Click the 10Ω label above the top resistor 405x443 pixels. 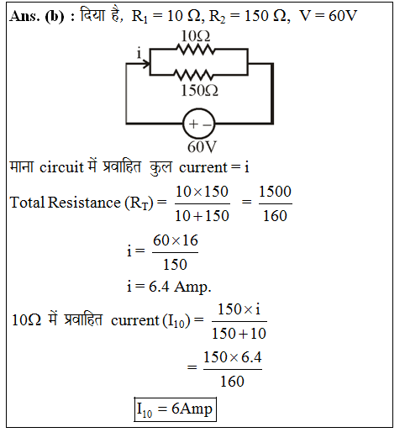click(x=196, y=36)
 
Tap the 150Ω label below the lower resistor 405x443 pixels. click(x=199, y=91)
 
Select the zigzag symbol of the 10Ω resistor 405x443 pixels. click(x=196, y=50)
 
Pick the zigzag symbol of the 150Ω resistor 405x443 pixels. click(x=193, y=75)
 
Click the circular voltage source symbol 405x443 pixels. click(x=199, y=124)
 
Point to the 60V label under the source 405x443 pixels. click(x=202, y=147)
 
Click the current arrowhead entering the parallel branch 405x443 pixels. click(x=146, y=64)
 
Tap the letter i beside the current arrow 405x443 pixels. click(x=139, y=53)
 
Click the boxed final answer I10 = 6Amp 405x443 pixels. click(x=175, y=409)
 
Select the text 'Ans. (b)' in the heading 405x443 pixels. click(x=37, y=16)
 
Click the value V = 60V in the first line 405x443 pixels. click(x=328, y=16)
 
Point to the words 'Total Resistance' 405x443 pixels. click(x=66, y=203)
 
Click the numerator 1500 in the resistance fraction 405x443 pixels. click(x=275, y=192)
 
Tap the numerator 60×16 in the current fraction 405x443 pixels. click(x=176, y=240)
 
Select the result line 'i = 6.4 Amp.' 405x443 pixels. click(x=169, y=287)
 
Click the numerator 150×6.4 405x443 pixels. click(x=233, y=357)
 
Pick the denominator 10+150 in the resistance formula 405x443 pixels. click(x=202, y=216)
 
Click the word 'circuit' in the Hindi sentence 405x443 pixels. click(x=61, y=167)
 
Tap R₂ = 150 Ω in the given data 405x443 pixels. click(x=249, y=16)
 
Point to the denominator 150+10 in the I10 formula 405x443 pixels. click(x=239, y=334)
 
